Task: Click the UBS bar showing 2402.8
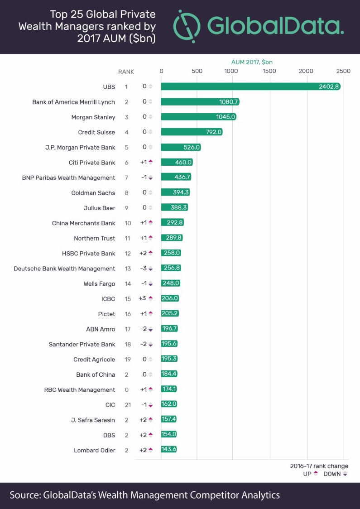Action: [x=250, y=86]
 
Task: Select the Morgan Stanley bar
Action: [x=198, y=117]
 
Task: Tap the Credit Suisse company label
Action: [x=96, y=132]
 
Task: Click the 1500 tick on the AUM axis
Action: [x=269, y=71]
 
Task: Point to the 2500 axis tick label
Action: [x=343, y=71]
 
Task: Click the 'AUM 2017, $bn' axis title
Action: [x=252, y=62]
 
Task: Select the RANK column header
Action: [x=126, y=72]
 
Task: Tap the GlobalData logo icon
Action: [x=187, y=25]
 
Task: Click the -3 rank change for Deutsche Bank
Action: [x=144, y=269]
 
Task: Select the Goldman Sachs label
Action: [x=93, y=193]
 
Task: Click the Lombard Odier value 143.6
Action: [x=169, y=450]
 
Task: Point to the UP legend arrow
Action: [x=315, y=474]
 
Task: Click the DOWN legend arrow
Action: [x=345, y=474]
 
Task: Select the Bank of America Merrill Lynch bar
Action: [x=200, y=102]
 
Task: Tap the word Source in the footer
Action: [x=24, y=495]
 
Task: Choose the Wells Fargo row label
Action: [x=99, y=283]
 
